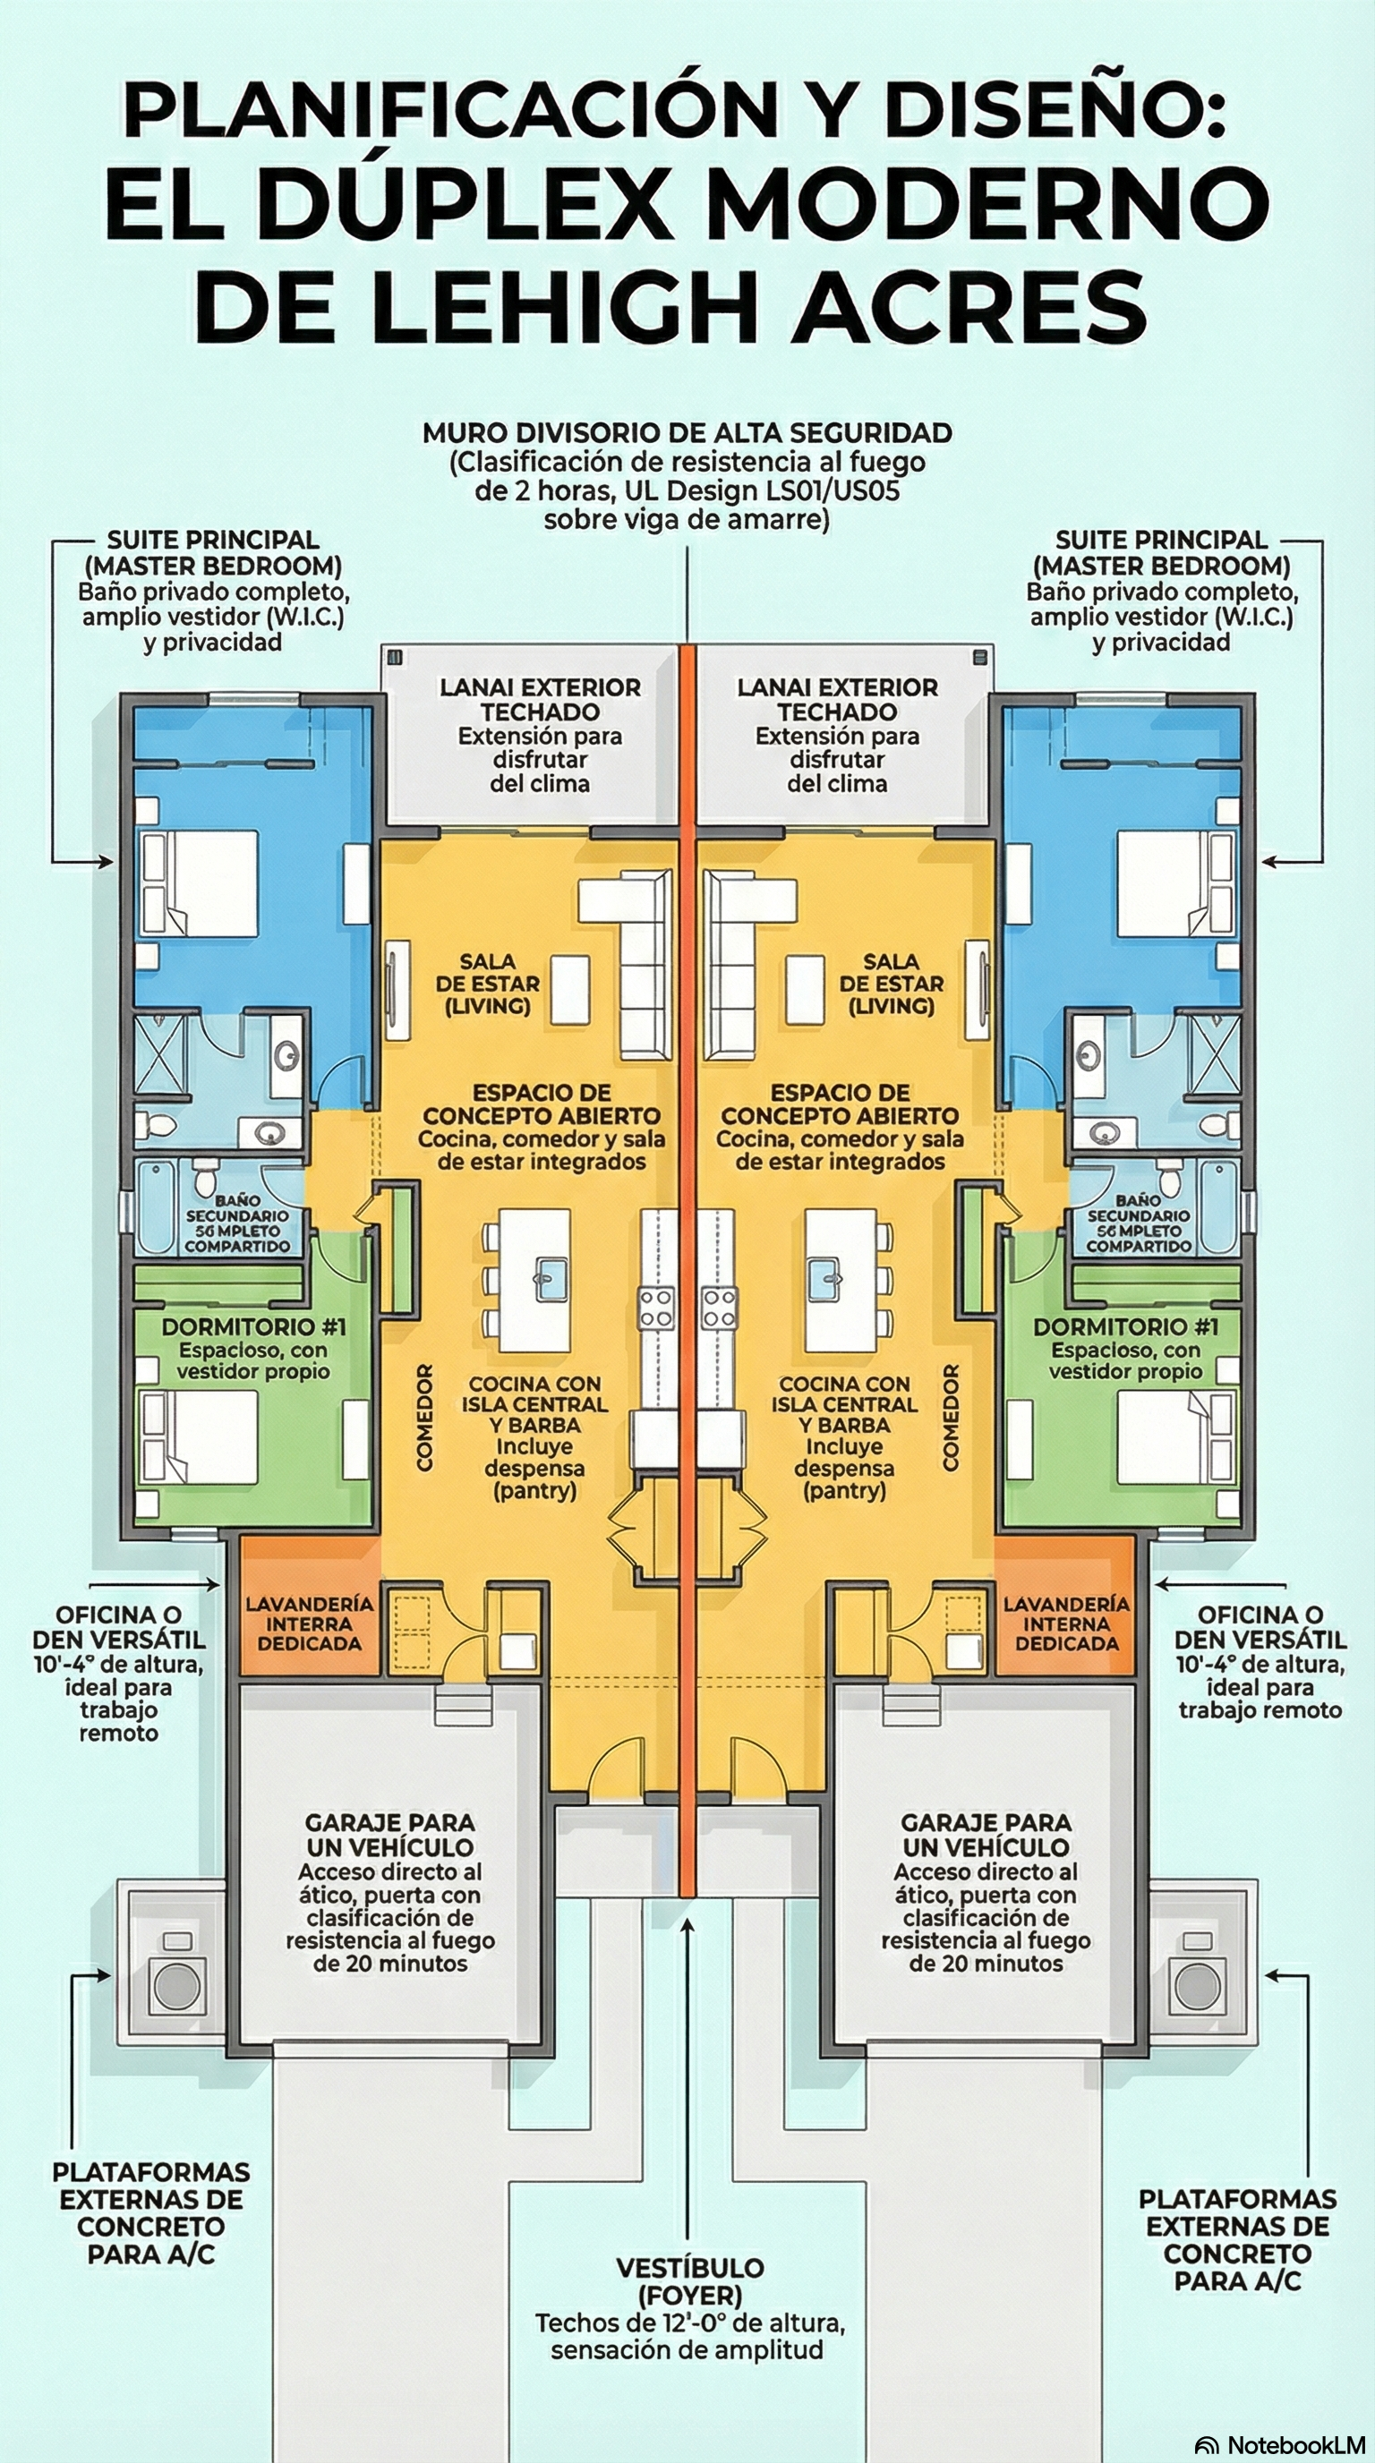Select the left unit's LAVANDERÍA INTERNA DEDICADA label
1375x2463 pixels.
pyautogui.click(x=309, y=1623)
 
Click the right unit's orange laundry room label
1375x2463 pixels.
pyautogui.click(x=1066, y=1623)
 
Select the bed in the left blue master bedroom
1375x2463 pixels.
pyautogui.click(x=199, y=883)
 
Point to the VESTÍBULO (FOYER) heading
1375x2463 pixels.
pyautogui.click(x=688, y=2280)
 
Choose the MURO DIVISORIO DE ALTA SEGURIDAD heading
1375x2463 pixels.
pyautogui.click(x=687, y=432)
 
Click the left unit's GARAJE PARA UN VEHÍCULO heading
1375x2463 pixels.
pyautogui.click(x=389, y=1835)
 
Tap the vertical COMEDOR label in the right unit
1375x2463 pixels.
pyautogui.click(x=950, y=1417)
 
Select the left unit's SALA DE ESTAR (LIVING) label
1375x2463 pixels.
pyautogui.click(x=488, y=983)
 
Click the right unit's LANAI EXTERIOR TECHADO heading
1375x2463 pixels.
pyautogui.click(x=838, y=699)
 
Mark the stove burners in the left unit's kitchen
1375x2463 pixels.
pyautogui.click(x=657, y=1307)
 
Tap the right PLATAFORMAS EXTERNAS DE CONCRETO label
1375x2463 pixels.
pyautogui.click(x=1237, y=2238)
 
